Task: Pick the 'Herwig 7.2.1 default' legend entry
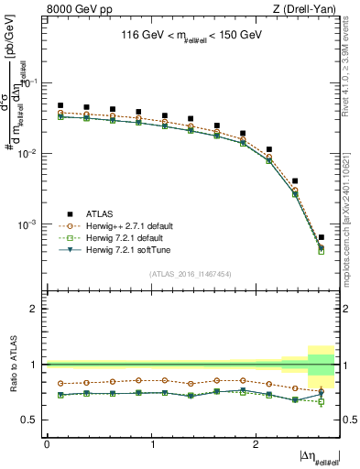[x=122, y=238]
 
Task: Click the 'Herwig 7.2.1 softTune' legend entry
[x=124, y=250]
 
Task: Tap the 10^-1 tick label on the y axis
[x=31, y=82]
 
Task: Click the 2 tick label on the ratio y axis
[x=36, y=309]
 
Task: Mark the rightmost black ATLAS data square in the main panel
[x=321, y=237]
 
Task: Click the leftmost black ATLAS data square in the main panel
[x=60, y=105]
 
